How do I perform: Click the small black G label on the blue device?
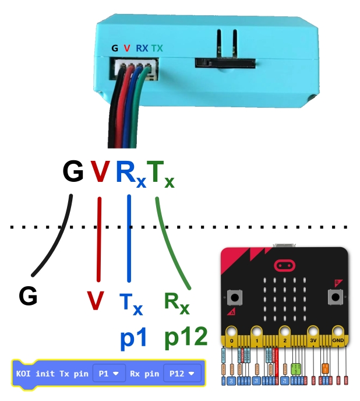tap(114, 49)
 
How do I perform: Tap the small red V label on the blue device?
tap(126, 49)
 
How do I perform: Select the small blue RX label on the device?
tap(142, 49)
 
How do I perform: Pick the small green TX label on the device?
tap(157, 49)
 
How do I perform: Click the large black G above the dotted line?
tap(73, 173)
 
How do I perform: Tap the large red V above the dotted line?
tap(100, 173)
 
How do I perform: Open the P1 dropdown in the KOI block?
tap(109, 372)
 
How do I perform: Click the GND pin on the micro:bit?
tap(338, 340)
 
